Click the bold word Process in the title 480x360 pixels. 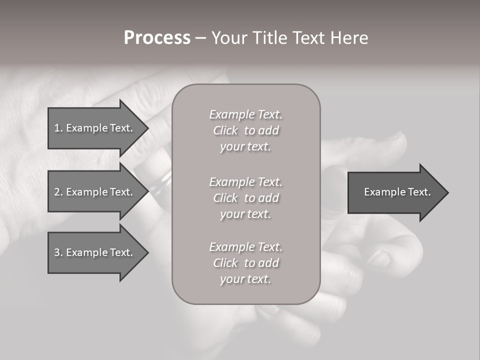pos(157,38)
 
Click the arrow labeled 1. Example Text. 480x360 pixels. pos(95,128)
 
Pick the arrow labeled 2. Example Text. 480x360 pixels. pos(95,192)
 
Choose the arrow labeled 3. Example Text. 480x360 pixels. pos(95,252)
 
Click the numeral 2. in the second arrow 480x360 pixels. pos(58,192)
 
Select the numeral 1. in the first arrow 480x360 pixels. pos(58,128)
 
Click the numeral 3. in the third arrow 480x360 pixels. pos(58,252)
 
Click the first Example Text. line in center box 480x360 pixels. pos(245,114)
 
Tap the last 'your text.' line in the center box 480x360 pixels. pos(245,279)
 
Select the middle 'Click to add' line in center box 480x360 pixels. pos(245,198)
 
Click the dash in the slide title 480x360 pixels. pos(200,38)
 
